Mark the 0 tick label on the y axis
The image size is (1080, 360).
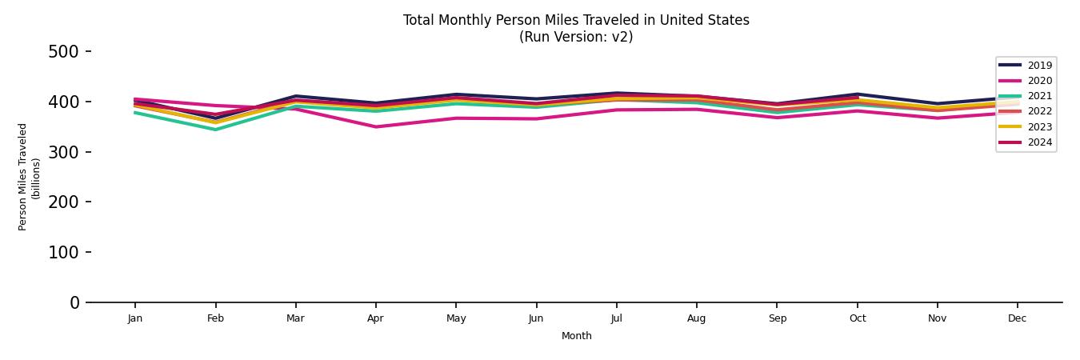click(x=74, y=302)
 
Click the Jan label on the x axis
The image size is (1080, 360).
click(x=135, y=318)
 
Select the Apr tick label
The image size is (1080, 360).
click(x=375, y=318)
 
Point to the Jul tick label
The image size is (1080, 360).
click(x=616, y=318)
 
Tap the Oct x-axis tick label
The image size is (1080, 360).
click(x=857, y=318)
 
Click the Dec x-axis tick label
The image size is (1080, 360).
click(x=1017, y=318)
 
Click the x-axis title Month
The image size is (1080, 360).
click(x=576, y=336)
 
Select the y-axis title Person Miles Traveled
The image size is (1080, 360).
click(x=23, y=177)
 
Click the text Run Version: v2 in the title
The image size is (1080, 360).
click(x=576, y=37)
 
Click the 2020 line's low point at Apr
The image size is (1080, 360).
click(x=375, y=126)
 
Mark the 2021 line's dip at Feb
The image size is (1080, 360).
click(x=215, y=130)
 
